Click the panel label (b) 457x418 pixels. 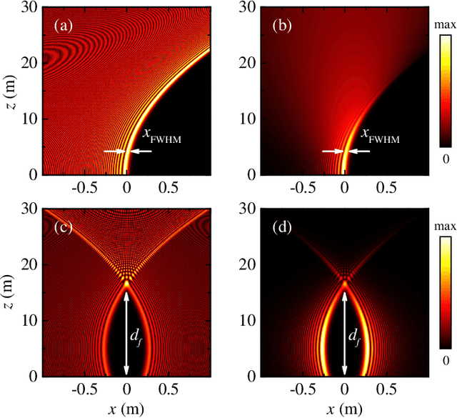(x=281, y=28)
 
